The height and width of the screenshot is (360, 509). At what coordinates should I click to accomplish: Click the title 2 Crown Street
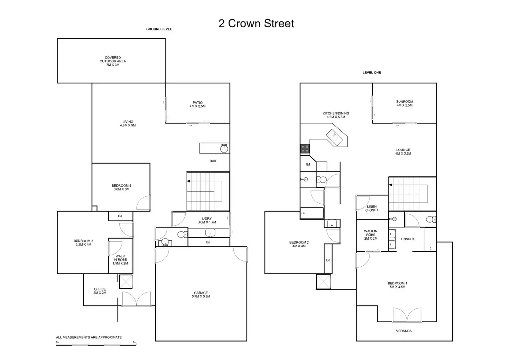[x=256, y=24]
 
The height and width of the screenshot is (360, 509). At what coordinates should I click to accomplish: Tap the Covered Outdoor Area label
[x=113, y=61]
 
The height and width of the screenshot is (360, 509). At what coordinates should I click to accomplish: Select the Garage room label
[x=201, y=295]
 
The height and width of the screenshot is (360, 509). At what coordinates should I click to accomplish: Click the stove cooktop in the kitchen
[x=305, y=149]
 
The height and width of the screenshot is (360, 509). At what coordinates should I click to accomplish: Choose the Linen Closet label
[x=372, y=208]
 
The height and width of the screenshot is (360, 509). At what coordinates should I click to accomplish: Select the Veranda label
[x=404, y=331]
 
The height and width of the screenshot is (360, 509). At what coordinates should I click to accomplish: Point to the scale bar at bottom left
[x=96, y=343]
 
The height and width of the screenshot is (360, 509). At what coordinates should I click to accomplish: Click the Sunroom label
[x=404, y=103]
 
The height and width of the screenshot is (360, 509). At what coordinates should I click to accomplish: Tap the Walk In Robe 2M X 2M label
[x=371, y=235]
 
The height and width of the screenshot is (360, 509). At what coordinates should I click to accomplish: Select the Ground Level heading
[x=159, y=29]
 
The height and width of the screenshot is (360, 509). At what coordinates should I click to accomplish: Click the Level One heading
[x=371, y=73]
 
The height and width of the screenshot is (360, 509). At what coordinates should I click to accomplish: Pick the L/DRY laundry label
[x=207, y=220]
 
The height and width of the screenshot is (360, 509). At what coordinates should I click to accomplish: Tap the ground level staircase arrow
[x=189, y=181]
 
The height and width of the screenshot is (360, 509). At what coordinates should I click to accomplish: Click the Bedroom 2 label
[x=299, y=244]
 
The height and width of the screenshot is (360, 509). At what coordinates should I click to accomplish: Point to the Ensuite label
[x=408, y=239]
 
